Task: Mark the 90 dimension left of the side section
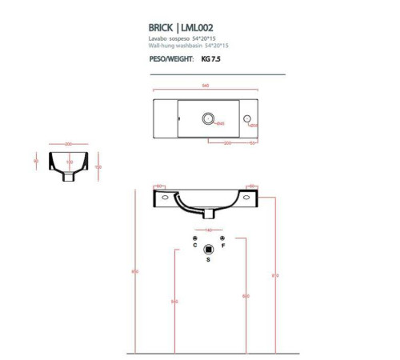pyautogui.click(x=37, y=160)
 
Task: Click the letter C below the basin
pyautogui.click(x=195, y=246)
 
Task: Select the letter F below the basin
pyautogui.click(x=222, y=246)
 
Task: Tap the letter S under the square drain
pyautogui.click(x=209, y=261)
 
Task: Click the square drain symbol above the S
pyautogui.click(x=209, y=248)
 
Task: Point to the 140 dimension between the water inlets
pyautogui.click(x=208, y=230)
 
